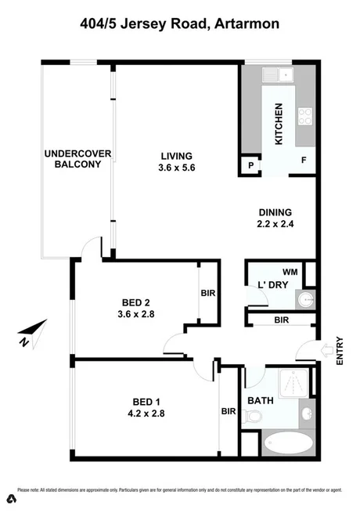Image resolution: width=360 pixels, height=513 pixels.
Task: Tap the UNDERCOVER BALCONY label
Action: click(73, 158)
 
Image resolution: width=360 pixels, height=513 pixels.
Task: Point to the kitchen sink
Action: click(279, 76)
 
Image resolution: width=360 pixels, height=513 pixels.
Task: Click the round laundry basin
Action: click(306, 299)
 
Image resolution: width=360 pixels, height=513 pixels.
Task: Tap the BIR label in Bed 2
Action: click(208, 292)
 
